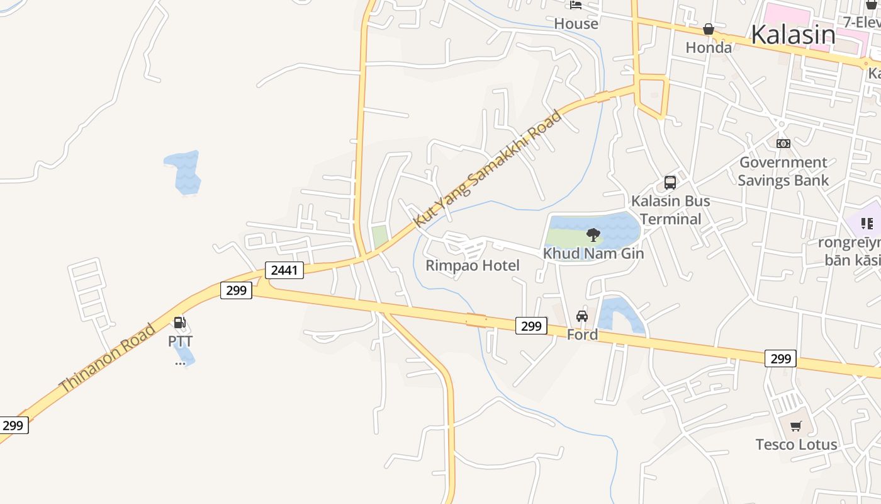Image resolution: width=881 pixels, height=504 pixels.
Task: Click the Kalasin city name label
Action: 793,35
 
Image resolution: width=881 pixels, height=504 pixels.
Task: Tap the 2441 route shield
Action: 284,270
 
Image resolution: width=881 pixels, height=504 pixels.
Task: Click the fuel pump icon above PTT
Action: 180,323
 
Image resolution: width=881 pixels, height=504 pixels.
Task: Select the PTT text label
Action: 180,341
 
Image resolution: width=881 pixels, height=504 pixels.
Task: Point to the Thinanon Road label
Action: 107,358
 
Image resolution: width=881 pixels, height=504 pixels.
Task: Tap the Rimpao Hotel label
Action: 473,265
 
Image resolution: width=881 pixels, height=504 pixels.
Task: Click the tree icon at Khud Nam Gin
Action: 593,235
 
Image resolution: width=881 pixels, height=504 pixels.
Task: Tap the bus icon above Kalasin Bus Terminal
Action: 670,183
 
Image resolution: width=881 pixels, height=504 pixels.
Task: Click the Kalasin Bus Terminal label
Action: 670,210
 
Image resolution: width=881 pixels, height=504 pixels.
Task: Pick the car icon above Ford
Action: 582,316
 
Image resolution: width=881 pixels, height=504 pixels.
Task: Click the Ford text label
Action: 582,335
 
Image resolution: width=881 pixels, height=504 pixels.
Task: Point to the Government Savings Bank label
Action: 783,171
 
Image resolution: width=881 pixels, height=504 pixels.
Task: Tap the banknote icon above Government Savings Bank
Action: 783,144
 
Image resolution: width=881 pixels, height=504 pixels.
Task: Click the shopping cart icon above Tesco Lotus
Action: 796,426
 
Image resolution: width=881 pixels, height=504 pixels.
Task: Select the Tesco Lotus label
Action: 796,444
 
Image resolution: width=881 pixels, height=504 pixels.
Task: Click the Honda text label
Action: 709,47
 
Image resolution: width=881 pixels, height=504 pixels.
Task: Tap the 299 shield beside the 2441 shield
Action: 236,290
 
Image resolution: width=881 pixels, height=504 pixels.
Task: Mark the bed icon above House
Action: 576,5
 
